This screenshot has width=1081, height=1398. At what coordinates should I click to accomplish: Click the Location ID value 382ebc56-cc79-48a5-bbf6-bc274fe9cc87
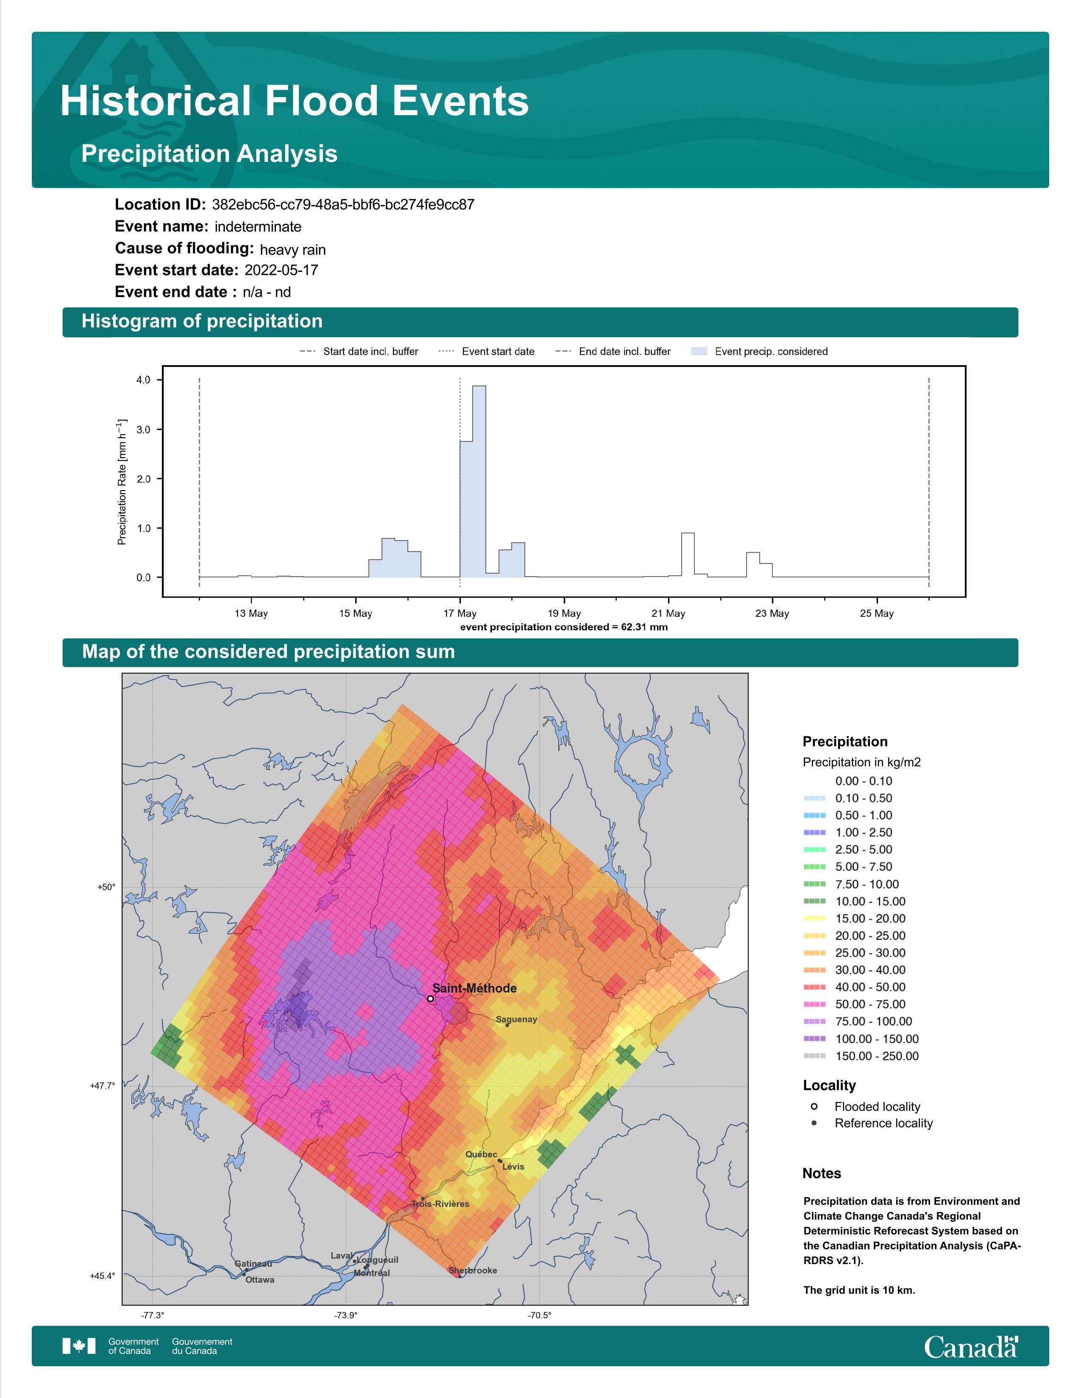343,205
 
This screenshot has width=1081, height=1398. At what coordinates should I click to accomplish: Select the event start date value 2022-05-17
281,270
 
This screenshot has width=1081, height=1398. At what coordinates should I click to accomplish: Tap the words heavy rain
293,250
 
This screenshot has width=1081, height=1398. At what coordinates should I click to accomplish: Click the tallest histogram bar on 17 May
479,481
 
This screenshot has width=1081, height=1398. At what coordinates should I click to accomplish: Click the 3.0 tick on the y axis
143,430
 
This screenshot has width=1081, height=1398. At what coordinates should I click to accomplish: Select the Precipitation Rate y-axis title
122,482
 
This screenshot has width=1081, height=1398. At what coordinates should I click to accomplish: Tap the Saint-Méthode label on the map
474,988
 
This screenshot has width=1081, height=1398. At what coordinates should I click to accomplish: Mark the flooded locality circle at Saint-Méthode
430,999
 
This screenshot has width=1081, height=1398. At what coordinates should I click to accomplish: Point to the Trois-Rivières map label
440,1204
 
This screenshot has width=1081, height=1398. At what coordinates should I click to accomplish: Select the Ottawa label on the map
260,1279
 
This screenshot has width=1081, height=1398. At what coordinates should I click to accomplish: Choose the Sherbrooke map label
473,1270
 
